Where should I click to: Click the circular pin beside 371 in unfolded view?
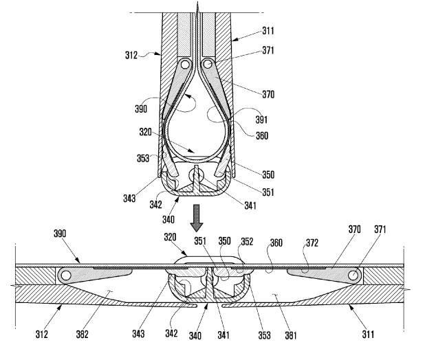point(354,276)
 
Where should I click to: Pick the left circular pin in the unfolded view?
point(66,276)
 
